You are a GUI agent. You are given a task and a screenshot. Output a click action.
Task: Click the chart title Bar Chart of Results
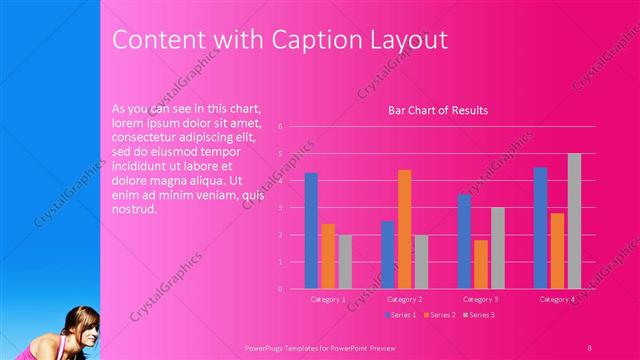point(437,110)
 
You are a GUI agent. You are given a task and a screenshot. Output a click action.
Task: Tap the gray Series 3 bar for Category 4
point(574,221)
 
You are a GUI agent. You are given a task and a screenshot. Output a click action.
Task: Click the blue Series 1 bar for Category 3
point(464,241)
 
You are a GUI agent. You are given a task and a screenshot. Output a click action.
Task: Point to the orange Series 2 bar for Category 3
point(481,264)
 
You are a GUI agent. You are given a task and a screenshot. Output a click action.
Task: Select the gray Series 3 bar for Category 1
point(345,261)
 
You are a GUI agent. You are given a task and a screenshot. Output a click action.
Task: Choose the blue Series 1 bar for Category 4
point(540,227)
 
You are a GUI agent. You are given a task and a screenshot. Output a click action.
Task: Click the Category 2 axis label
point(404,299)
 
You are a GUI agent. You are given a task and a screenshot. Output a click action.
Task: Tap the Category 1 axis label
point(328,299)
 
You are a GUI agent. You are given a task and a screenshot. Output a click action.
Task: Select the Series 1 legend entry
point(402,315)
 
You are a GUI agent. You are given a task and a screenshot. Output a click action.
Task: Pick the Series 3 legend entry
point(479,315)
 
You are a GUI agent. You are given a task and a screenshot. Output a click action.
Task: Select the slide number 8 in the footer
point(590,347)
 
